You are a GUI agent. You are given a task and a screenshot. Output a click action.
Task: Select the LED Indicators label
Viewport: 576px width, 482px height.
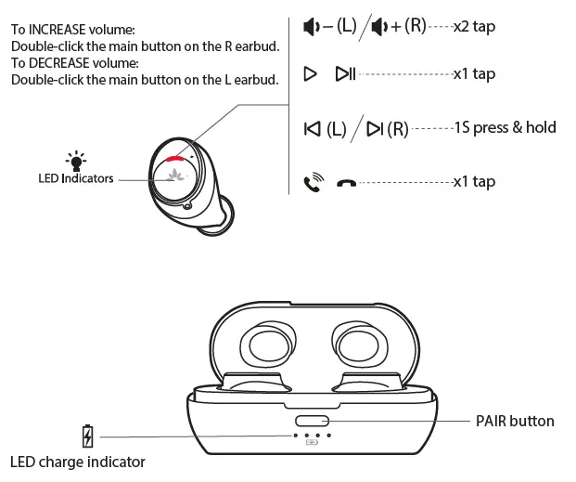[76, 178]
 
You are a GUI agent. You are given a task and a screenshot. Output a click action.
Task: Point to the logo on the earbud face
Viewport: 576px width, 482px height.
[173, 176]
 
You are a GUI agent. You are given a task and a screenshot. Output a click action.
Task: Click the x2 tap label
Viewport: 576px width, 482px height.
[474, 26]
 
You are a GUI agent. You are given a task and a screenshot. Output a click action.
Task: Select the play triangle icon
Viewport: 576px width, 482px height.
[311, 73]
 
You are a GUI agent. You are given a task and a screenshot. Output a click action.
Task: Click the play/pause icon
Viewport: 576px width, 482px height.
[345, 73]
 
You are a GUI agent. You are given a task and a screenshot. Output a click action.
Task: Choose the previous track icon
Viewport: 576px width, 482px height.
[312, 128]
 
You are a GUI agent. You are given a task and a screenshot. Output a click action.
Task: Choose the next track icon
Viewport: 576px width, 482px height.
[375, 128]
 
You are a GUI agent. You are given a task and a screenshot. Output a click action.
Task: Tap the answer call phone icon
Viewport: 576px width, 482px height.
[314, 183]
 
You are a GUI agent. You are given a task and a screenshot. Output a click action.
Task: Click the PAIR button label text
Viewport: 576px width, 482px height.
[515, 421]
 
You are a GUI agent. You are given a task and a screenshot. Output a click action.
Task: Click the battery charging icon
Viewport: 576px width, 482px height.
[88, 436]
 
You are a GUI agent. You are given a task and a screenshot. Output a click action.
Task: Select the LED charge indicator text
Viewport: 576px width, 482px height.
[78, 462]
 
